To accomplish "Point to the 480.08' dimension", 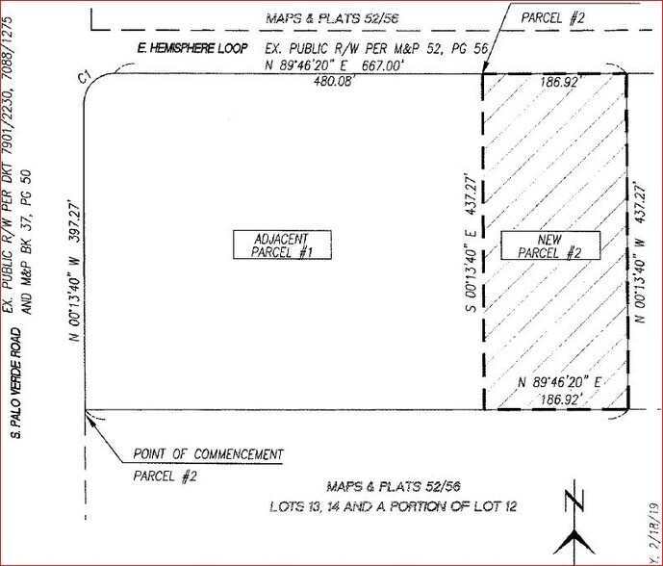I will point(297,82).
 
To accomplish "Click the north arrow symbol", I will point(574,525).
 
